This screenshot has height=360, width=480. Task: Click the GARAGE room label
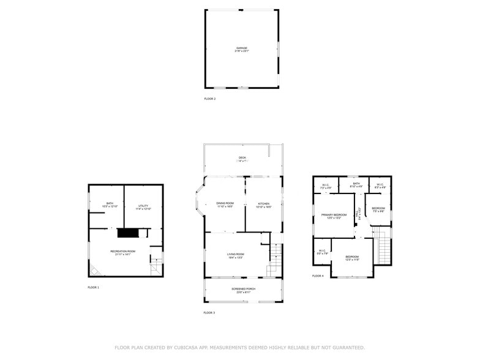(x=242, y=48)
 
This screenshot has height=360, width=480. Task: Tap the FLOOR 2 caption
(x=210, y=99)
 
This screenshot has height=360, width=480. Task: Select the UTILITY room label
(x=143, y=206)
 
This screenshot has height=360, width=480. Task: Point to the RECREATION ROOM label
(x=122, y=251)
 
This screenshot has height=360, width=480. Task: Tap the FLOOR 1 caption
(x=93, y=287)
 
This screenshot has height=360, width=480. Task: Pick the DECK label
(x=242, y=158)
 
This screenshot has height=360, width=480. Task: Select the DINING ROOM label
(x=225, y=203)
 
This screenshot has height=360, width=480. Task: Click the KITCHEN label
(x=264, y=203)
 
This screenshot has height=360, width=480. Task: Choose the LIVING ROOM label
(x=236, y=254)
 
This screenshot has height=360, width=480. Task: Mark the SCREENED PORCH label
(x=243, y=289)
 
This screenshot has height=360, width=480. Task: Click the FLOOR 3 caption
(x=209, y=313)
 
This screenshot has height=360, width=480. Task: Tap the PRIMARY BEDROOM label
(x=334, y=215)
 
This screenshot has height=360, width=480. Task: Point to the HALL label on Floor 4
(x=359, y=214)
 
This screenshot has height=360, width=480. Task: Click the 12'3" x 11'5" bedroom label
(x=351, y=257)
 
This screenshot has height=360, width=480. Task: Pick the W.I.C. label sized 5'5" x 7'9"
(x=322, y=250)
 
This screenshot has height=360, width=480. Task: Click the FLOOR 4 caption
(x=318, y=276)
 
